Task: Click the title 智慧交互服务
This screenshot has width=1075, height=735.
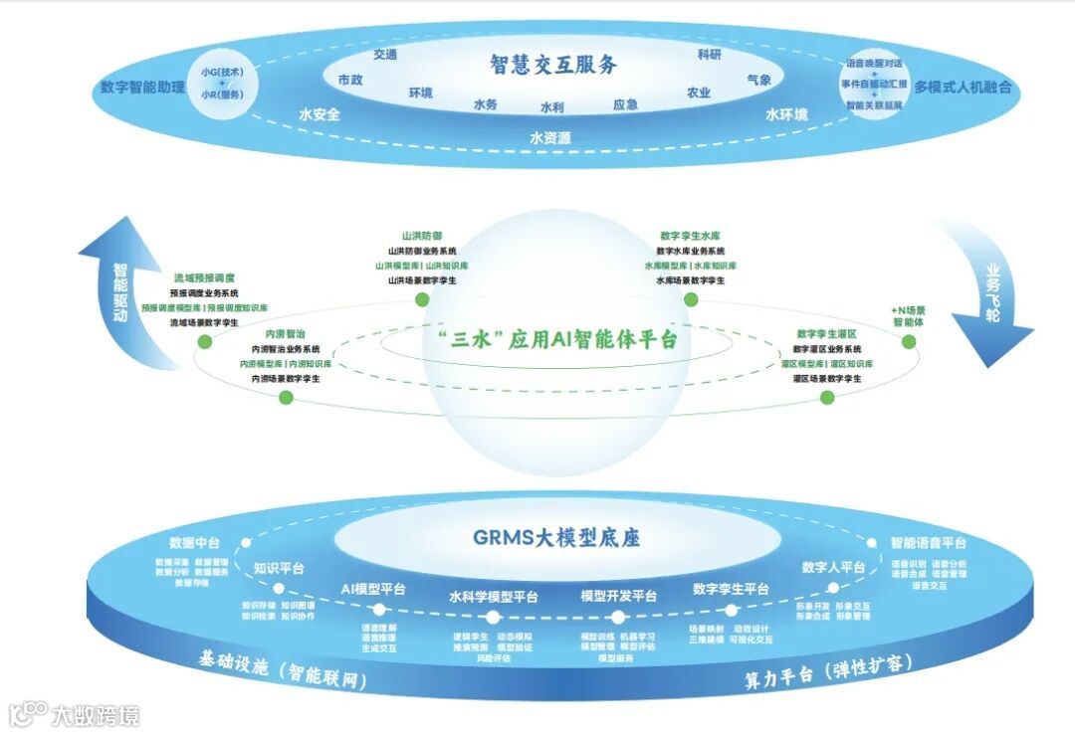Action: (x=553, y=65)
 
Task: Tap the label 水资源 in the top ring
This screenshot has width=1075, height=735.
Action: (x=550, y=138)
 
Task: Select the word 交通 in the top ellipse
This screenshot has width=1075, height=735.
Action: (x=385, y=55)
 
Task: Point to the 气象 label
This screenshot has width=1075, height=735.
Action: (x=758, y=80)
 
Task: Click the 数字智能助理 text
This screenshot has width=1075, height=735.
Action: (x=142, y=87)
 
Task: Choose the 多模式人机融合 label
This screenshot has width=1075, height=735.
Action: (x=963, y=87)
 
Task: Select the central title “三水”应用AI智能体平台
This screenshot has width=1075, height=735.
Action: (x=557, y=338)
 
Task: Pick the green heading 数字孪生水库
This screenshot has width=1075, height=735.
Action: (x=690, y=237)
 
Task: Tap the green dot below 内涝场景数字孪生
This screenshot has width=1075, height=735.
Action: (x=286, y=398)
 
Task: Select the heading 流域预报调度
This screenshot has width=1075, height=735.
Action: (x=203, y=278)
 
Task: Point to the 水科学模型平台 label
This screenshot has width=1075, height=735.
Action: (x=493, y=597)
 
